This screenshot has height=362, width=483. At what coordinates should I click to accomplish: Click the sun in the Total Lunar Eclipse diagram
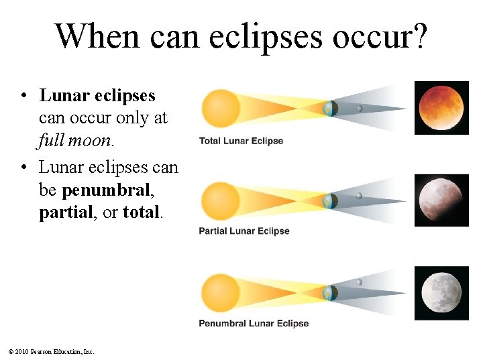point(221,107)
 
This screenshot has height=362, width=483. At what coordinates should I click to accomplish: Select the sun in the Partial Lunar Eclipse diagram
point(220,199)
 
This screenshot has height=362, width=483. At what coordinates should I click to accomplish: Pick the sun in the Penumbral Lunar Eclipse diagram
point(220,292)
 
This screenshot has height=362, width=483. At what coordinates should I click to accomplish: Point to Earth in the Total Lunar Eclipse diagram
point(330,108)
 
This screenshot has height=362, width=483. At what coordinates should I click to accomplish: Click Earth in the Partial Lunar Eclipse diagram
point(329,200)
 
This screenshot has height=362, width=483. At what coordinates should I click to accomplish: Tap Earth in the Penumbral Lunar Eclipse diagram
point(329,293)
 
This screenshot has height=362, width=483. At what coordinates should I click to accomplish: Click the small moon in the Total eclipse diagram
point(360,108)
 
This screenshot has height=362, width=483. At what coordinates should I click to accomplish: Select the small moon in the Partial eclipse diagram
point(360,196)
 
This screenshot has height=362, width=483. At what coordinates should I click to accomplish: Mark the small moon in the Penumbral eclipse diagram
point(360,283)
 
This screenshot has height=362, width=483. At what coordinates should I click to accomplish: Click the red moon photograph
point(441,107)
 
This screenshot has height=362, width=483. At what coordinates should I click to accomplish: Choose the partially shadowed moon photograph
point(441,199)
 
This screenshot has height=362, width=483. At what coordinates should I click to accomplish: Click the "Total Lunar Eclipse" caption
point(241,141)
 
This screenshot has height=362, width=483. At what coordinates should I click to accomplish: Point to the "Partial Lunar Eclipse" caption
point(244,231)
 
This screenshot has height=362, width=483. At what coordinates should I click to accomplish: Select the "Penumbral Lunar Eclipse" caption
point(254,323)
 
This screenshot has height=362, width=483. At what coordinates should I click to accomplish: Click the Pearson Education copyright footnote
point(52,351)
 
